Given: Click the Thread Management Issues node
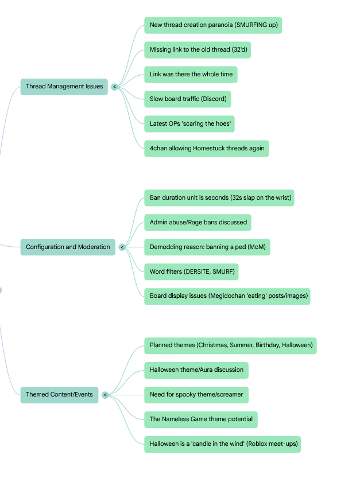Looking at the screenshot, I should (64, 87).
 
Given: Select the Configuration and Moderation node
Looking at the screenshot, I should (68, 247).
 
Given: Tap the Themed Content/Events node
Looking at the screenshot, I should (59, 395).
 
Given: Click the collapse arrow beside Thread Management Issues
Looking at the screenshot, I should (115, 87).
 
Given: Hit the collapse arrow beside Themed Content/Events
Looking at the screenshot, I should (106, 395).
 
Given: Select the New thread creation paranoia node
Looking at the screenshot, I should (212, 25).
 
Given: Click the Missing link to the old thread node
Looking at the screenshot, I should (197, 50).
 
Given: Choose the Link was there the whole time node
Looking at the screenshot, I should (191, 75).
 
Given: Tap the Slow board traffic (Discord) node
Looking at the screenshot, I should (187, 99).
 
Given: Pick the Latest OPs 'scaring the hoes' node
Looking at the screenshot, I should (191, 124).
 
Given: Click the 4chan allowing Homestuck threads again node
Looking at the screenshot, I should (206, 149).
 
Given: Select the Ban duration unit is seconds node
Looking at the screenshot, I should (220, 198).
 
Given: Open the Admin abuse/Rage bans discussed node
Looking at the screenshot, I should (198, 223).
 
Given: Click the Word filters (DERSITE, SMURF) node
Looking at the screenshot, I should (192, 272).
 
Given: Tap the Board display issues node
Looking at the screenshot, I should (227, 297).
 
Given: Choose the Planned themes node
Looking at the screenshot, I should (230, 346).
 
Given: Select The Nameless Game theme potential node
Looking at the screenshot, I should (200, 419).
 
